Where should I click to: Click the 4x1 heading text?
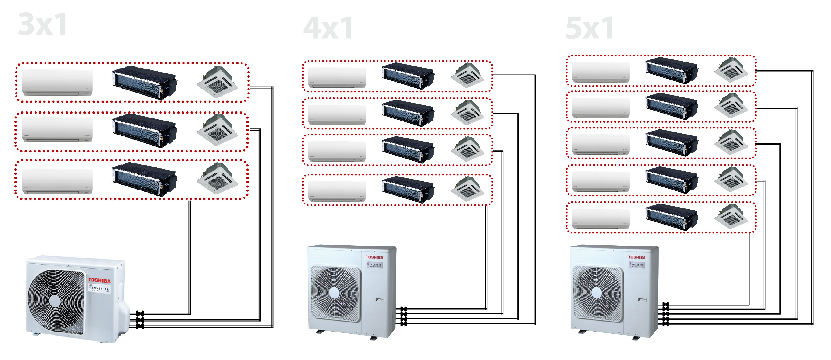click(328, 28)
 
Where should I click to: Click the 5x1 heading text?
click(590, 28)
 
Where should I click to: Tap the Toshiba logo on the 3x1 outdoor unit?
click(99, 280)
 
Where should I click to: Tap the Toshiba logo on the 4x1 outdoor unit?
click(374, 257)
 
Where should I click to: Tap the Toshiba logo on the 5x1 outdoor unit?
click(637, 257)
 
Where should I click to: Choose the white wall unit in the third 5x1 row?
click(600, 144)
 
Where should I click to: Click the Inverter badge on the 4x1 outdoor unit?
click(374, 265)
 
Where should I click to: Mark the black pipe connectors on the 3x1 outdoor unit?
click(140, 320)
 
